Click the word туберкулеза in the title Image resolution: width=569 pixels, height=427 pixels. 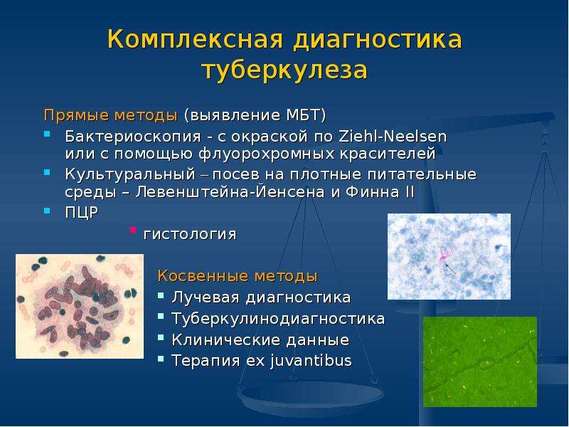(285, 70)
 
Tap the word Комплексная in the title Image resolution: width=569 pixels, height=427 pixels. (195, 39)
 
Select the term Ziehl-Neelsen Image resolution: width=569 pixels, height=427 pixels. (393, 137)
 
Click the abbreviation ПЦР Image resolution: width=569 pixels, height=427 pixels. (82, 212)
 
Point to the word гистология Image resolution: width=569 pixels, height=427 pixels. (190, 234)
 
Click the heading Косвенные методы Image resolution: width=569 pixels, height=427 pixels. (238, 276)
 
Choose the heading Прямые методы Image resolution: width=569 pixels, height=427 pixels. (111, 115)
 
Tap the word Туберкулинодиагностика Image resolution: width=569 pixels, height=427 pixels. (278, 318)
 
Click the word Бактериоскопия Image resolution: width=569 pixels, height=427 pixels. (133, 137)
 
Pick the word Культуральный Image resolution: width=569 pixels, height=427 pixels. (130, 174)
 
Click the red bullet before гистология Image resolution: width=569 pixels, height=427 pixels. (133, 230)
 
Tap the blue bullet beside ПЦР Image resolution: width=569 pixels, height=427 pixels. (47, 210)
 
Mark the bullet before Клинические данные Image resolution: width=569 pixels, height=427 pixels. (161, 338)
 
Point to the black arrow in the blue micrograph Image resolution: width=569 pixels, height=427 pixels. (450, 269)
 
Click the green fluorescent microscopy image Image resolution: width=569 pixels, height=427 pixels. (480, 362)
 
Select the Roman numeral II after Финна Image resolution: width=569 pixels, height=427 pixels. (410, 191)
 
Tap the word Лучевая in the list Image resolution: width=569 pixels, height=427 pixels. (206, 297)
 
